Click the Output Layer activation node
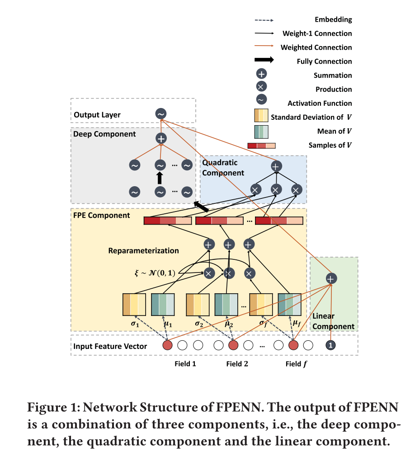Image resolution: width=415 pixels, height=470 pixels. point(160,114)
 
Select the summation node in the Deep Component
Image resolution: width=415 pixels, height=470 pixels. point(160,138)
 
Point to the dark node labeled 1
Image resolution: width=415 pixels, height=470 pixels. point(331,345)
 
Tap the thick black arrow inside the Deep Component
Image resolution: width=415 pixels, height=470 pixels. point(160,178)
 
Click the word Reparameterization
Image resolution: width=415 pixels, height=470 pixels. point(144,250)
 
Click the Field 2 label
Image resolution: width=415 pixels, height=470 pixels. point(237,363)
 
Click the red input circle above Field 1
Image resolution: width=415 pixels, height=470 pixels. point(167,346)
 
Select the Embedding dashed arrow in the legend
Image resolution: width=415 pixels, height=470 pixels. point(264,20)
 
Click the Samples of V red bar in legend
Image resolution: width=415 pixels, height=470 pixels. point(261,146)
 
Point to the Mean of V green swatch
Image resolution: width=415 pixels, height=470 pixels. point(261,132)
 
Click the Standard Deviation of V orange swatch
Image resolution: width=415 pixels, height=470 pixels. point(261,117)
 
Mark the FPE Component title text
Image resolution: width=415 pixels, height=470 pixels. point(102,216)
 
